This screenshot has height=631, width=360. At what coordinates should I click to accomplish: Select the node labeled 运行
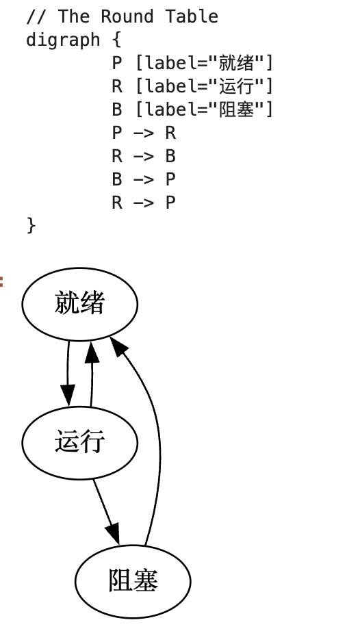pyautogui.click(x=80, y=443)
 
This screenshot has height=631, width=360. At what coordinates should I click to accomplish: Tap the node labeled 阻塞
pyautogui.click(x=133, y=582)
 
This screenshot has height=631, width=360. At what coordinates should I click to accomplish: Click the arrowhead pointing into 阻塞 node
pyautogui.click(x=113, y=535)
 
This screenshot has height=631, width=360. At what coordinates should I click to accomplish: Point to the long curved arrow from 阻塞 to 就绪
pyautogui.click(x=159, y=445)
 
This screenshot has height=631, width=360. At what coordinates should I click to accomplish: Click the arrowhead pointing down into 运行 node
pyautogui.click(x=67, y=395)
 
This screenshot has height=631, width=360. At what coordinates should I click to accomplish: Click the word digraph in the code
pyautogui.click(x=63, y=40)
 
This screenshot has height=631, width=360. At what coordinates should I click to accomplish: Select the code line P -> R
pyautogui.click(x=144, y=133)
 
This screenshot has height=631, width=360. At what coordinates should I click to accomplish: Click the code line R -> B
pyautogui.click(x=144, y=156)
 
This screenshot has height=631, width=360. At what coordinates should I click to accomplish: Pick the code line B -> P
pyautogui.click(x=144, y=179)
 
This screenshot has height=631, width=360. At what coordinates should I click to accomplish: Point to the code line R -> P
pyautogui.click(x=144, y=203)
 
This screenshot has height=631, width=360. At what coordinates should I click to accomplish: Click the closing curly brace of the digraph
pyautogui.click(x=31, y=224)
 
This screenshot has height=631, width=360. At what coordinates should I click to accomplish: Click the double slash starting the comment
pyautogui.click(x=35, y=16)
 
